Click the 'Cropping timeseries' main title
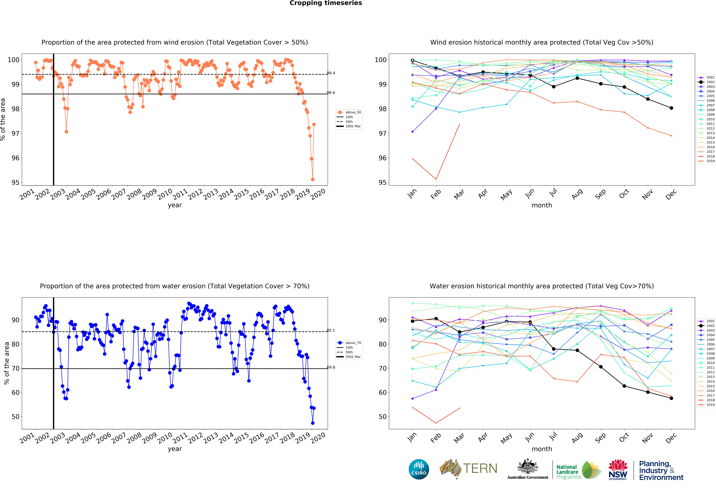tap(326, 3)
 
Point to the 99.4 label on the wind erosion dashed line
tap(331, 73)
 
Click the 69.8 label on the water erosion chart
tap(331, 367)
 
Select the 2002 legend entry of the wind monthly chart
tap(707, 82)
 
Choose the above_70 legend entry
tap(349, 343)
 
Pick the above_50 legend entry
tap(349, 112)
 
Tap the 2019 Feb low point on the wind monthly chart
tap(436, 179)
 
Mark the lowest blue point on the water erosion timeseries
tap(313, 423)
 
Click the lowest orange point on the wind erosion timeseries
tap(313, 179)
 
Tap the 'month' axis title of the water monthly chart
tap(542, 449)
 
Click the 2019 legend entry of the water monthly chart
tap(707, 405)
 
